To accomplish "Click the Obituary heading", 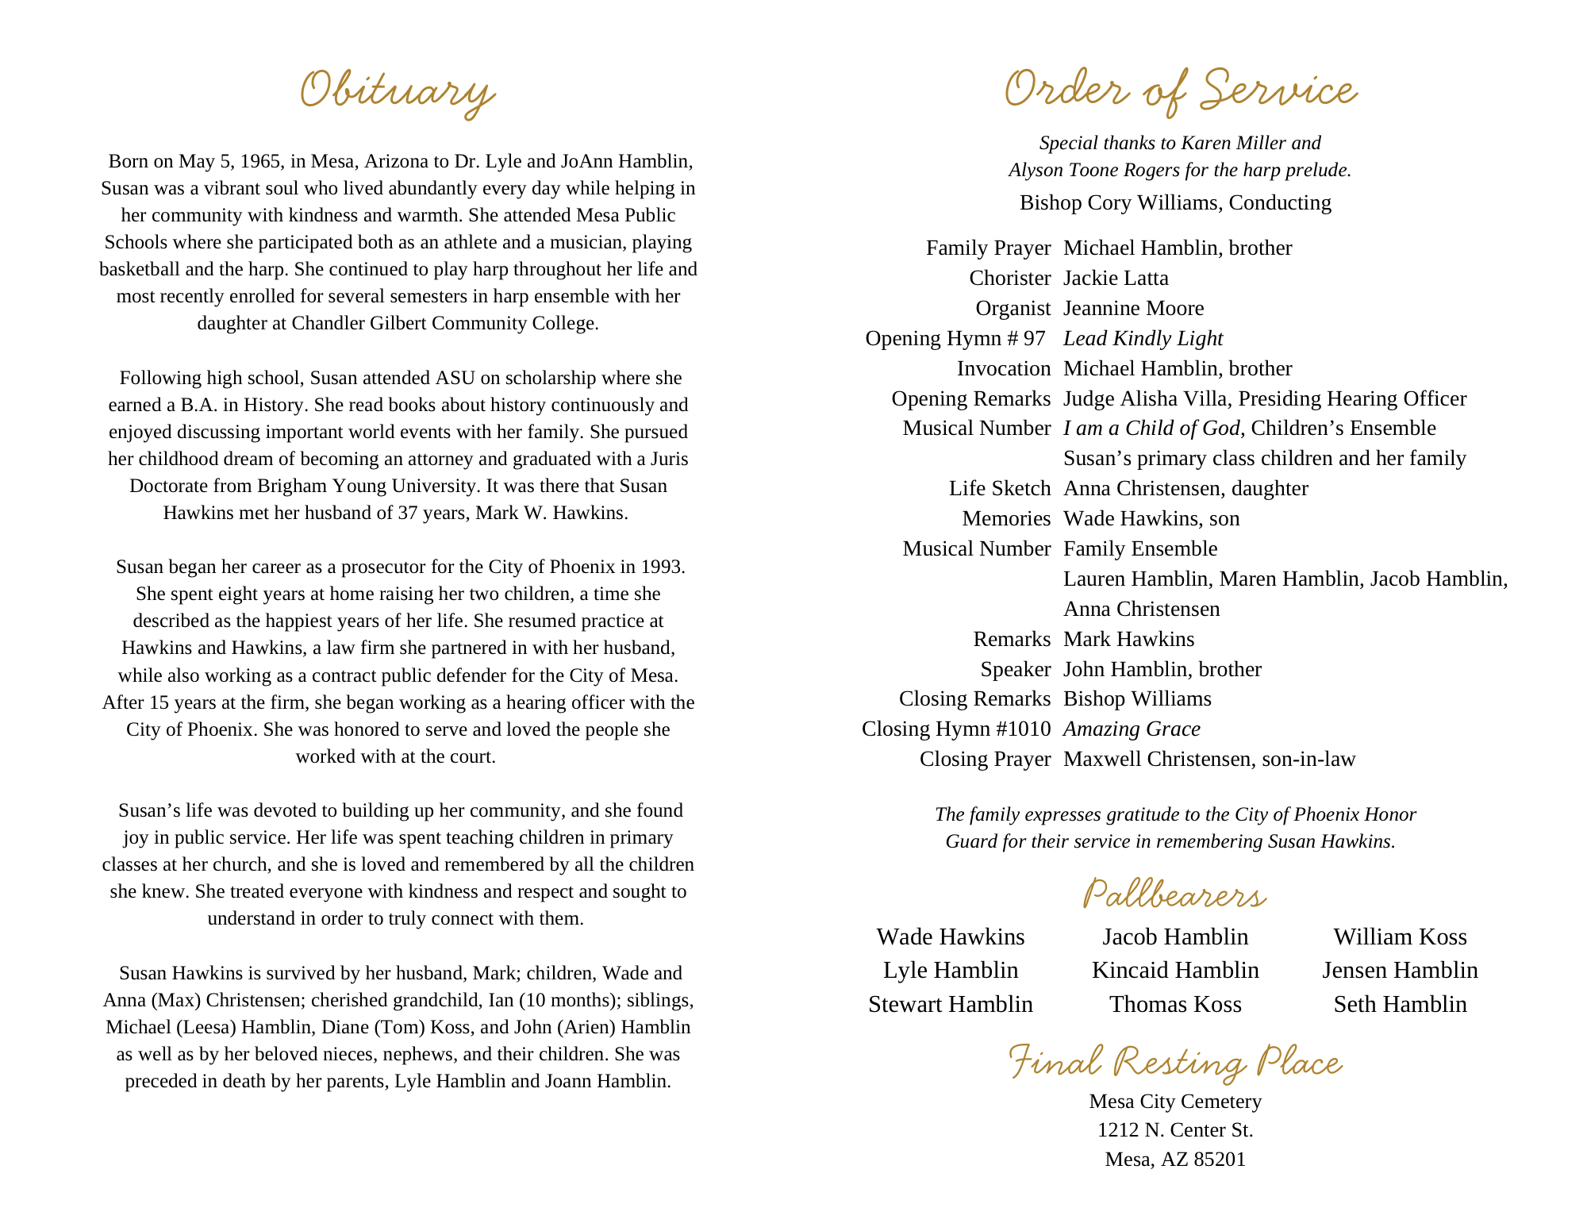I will coord(398,90).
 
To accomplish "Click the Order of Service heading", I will coord(1180,90).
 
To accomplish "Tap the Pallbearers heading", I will coord(1174,894).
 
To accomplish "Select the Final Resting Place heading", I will coord(1175,1062).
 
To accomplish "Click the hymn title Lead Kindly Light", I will coord(1143,338).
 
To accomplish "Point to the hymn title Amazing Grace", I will coord(1132,729).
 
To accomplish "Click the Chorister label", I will coord(1009,278).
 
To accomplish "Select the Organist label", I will coord(1013,308).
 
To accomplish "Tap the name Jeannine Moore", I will coord(1133,308).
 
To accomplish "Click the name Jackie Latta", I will coord(1116,278).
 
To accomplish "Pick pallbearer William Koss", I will coord(1400,937).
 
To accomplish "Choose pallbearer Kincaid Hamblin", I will coord(1175,970).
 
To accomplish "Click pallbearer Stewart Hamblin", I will coord(951,1004).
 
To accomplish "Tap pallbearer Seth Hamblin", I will coord(1400,1004).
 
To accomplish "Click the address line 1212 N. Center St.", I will coord(1175,1129).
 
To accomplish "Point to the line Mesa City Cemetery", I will coord(1175,1101).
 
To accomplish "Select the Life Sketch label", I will coord(999,488).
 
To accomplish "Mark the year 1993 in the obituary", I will coord(663,567).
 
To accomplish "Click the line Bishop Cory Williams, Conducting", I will coord(1175,202).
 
